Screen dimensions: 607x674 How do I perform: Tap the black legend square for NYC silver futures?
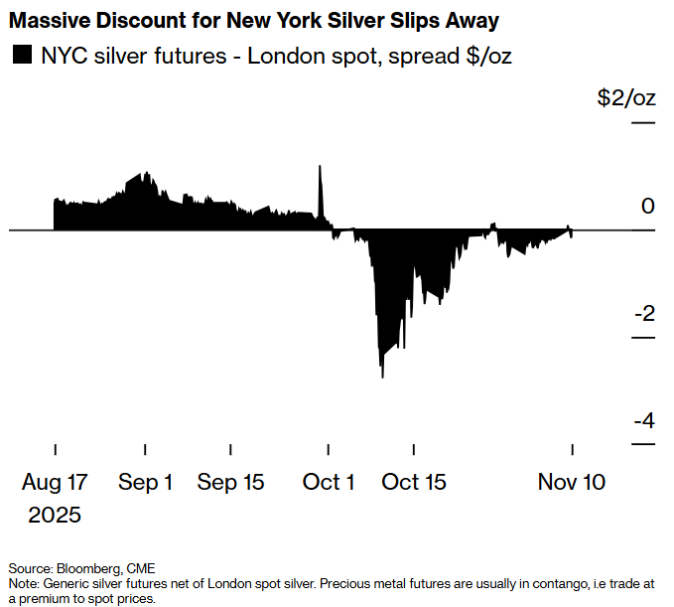20,56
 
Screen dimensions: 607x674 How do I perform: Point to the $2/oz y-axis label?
625,98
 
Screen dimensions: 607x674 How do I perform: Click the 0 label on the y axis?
648,207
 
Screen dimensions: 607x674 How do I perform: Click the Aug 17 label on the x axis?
55,483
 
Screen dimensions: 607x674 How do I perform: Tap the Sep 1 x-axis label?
146,483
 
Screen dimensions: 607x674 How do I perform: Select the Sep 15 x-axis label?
231,483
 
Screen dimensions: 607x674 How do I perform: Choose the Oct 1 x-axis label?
329,483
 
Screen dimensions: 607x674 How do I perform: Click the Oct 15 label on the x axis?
414,483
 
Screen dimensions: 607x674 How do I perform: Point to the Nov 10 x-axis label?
572,483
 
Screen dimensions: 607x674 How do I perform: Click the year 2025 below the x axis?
55,516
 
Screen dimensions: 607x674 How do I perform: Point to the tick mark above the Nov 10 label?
572,450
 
